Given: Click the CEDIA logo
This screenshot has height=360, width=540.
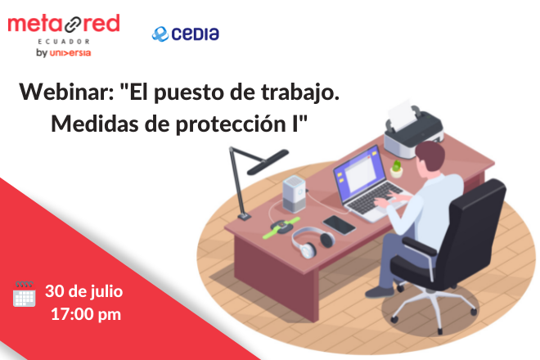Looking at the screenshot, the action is (185, 34).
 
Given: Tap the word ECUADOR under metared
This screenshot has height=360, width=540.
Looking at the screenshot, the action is (64, 42).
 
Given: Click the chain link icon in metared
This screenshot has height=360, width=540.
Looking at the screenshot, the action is (73, 25).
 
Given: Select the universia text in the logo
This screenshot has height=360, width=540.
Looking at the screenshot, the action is (70, 53).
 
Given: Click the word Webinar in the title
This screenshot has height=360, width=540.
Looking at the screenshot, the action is (66, 92).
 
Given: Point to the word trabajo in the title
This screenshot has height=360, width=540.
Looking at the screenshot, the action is (300, 93).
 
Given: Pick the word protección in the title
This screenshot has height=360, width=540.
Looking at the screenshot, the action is (231, 124).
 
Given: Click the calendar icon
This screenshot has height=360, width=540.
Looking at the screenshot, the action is (24, 294).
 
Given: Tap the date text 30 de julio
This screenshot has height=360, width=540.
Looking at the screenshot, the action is (84, 291).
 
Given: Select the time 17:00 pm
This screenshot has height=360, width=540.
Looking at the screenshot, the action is (86, 314).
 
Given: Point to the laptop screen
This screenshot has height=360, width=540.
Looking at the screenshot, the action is (359, 174).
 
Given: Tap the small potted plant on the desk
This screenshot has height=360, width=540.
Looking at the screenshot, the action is (396, 169).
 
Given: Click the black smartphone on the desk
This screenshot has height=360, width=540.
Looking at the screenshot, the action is (340, 225).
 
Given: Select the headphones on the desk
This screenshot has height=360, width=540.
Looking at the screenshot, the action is (313, 242).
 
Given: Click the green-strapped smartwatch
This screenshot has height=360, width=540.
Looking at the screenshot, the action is (281, 226).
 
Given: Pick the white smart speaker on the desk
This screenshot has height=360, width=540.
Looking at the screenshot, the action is (295, 194).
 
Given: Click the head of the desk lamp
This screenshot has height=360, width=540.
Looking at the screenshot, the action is (268, 161).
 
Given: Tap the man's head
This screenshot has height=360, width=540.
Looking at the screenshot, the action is (430, 155).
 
